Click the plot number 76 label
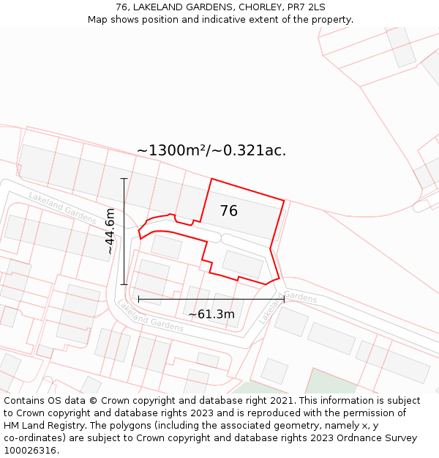click(228, 211)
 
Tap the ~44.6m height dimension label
click(110, 232)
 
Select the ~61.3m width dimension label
click(211, 314)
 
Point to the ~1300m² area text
click(171, 151)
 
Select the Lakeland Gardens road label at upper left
click(61, 205)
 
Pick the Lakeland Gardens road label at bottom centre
click(150, 315)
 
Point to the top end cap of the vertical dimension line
click(124, 179)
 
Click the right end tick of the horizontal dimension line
click(284, 299)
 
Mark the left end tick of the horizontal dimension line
click(138, 299)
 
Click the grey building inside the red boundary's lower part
click(242, 264)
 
